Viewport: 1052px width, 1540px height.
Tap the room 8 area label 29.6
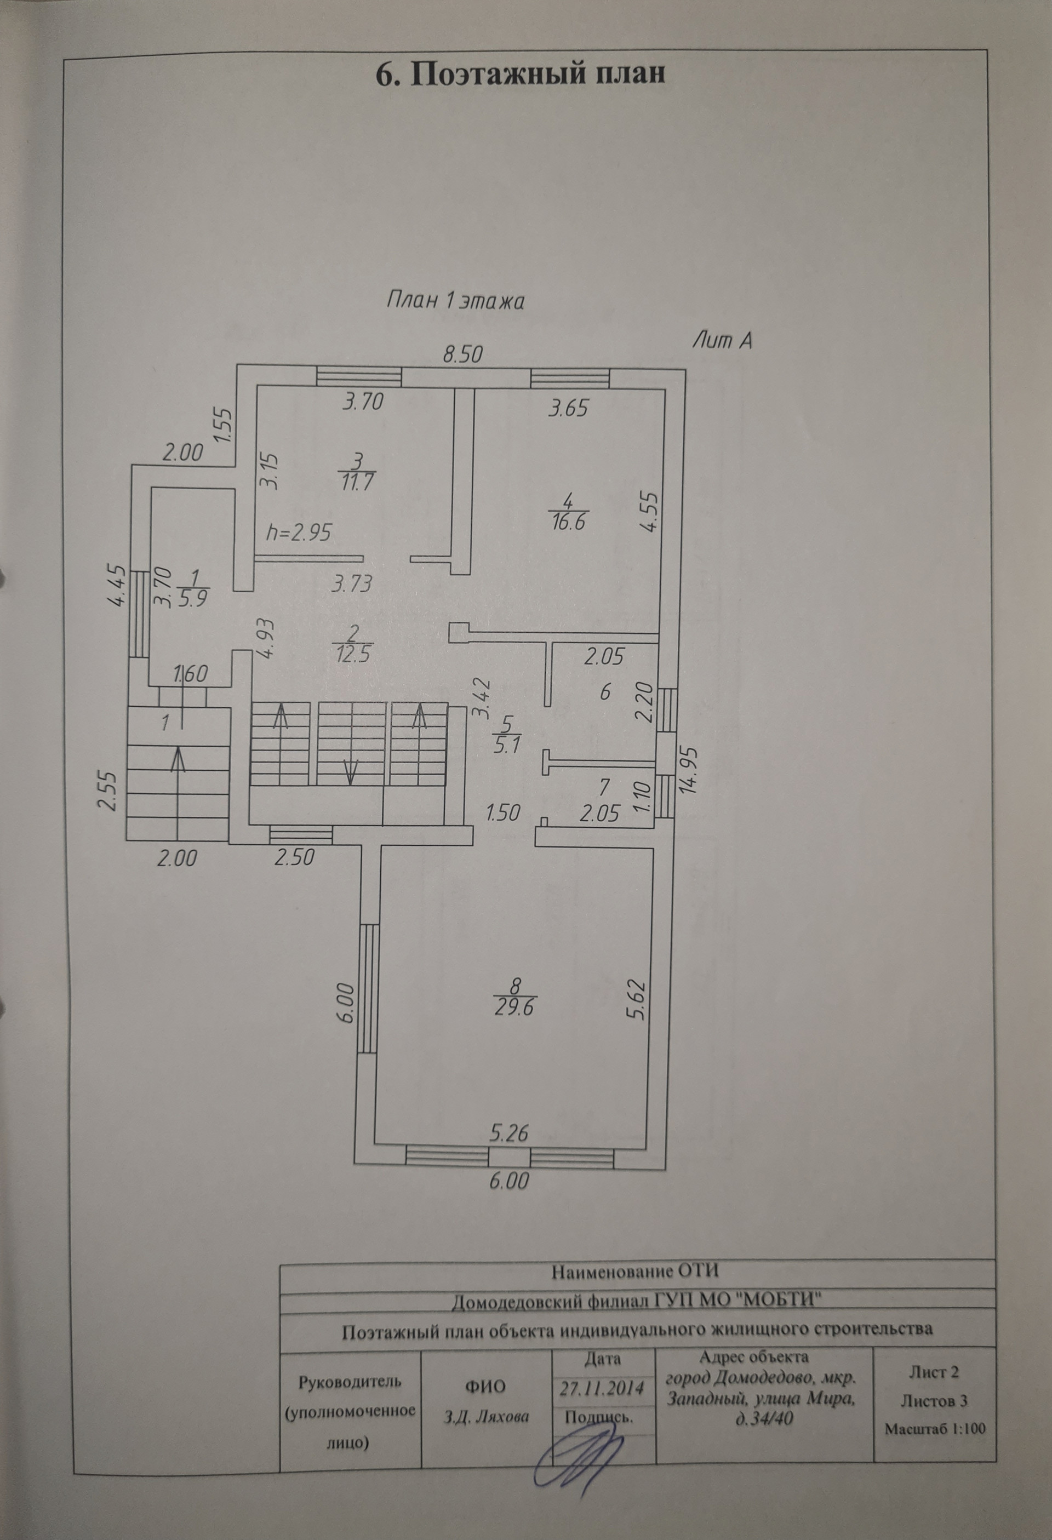pos(515,1027)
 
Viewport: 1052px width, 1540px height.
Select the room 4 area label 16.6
pos(569,523)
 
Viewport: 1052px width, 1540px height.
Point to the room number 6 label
pos(604,693)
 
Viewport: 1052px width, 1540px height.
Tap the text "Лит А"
pos(723,341)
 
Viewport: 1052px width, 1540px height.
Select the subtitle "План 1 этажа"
pos(455,301)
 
